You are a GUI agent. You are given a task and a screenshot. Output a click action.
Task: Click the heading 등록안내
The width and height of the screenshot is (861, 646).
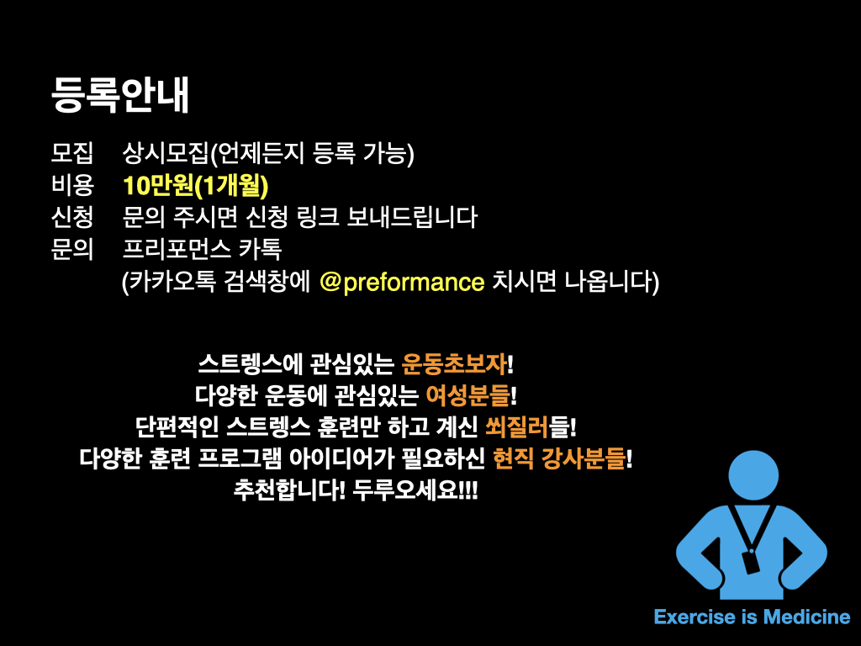click(119, 94)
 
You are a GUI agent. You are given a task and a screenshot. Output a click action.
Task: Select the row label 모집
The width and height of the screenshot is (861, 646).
click(72, 153)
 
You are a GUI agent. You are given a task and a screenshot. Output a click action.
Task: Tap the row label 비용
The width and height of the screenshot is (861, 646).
click(72, 185)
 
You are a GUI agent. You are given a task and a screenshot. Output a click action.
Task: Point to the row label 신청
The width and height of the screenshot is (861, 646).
click(72, 217)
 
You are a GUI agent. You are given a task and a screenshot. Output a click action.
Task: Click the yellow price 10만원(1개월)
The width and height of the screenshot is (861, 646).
click(195, 186)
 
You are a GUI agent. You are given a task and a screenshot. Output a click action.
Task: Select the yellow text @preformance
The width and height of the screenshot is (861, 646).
click(402, 283)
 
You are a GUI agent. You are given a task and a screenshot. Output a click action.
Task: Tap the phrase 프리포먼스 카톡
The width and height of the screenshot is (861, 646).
click(202, 249)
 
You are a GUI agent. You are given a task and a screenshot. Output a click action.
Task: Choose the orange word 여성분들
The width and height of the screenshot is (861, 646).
click(467, 395)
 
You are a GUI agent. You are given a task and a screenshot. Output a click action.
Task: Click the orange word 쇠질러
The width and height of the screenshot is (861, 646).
click(517, 426)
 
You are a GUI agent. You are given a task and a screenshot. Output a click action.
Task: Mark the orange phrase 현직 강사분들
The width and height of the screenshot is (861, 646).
click(559, 458)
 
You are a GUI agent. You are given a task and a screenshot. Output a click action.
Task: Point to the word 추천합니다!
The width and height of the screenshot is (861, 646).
click(289, 490)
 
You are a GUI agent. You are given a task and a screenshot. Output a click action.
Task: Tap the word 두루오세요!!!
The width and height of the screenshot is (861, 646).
click(415, 490)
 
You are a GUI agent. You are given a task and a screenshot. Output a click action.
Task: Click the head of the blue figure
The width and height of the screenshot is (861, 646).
click(753, 475)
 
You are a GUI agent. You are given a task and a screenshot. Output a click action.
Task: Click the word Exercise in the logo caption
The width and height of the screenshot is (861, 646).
click(695, 617)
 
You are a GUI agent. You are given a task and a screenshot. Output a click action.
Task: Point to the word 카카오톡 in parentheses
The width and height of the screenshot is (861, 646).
click(172, 283)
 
